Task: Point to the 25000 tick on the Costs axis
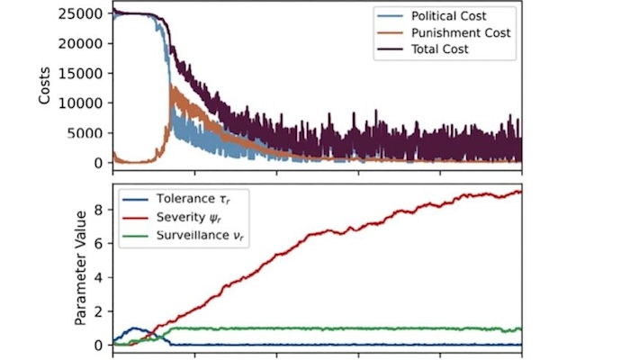pos(86,13)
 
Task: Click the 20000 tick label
pos(86,43)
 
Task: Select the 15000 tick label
pos(86,73)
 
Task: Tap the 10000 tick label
pos(86,103)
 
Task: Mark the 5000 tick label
pos(90,132)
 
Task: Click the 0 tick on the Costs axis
pos(101,163)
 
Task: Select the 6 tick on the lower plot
pos(101,244)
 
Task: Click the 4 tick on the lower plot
pos(101,277)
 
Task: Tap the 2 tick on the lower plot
pos(101,311)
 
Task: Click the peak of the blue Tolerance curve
pos(136,328)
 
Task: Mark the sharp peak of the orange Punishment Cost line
pos(171,86)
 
